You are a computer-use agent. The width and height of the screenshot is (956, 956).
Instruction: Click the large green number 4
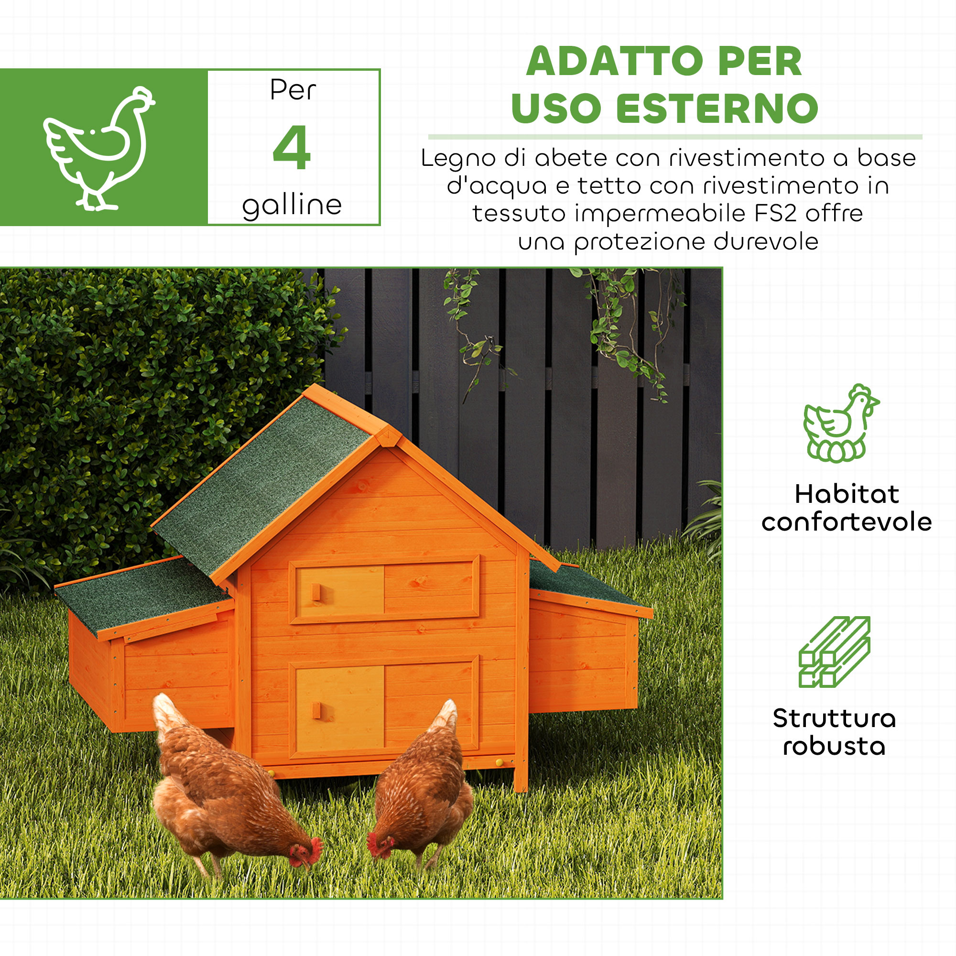[x=292, y=147]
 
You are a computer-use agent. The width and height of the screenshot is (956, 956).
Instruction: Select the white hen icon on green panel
[x=99, y=149]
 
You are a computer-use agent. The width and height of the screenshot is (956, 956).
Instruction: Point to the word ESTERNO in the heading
[x=717, y=109]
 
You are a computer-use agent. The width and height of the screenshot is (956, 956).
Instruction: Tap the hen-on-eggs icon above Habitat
[x=841, y=424]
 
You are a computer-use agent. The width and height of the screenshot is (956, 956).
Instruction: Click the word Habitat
[x=847, y=494]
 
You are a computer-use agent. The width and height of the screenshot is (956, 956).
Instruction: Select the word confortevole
[x=847, y=522]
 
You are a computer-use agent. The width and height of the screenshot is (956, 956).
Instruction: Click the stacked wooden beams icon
[x=834, y=652]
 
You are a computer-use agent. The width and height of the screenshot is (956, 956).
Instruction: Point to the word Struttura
[x=834, y=718]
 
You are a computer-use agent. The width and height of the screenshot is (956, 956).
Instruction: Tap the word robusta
[x=834, y=746]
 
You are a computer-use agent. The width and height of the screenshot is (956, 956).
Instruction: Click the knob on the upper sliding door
[x=316, y=592]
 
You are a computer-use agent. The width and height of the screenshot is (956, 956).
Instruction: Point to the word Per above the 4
[x=293, y=90]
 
